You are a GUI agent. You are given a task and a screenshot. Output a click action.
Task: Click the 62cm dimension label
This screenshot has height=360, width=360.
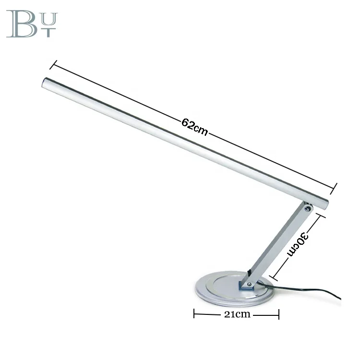click(194, 127)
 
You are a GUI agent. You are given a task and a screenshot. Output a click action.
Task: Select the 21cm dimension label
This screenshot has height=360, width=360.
click(236, 314)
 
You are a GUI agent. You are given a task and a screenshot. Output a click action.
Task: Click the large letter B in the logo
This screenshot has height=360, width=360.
click(21, 24)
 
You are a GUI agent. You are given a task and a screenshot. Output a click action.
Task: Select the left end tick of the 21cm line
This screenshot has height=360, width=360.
click(194, 314)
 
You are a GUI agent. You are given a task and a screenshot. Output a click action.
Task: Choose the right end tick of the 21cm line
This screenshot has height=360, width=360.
click(279, 314)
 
